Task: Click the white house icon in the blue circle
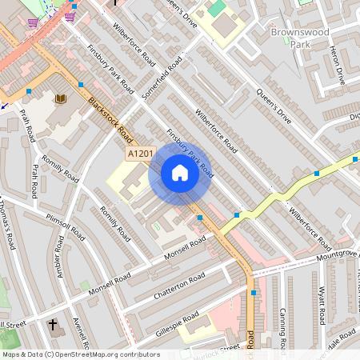179,173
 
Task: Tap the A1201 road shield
139,151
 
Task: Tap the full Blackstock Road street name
110,117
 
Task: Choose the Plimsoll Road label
66,227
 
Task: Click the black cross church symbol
54,326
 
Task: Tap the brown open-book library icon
60,99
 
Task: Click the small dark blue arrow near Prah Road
4,104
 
